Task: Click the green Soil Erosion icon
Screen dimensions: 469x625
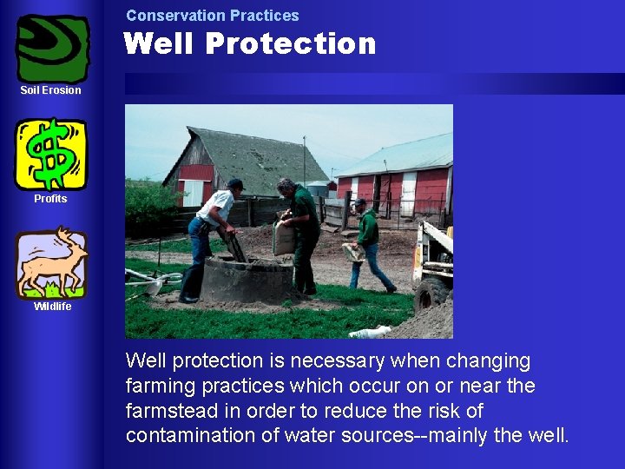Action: (x=53, y=49)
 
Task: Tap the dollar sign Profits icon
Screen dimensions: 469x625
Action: (x=51, y=154)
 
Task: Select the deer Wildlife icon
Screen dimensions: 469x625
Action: (x=51, y=263)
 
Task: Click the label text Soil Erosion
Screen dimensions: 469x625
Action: (x=51, y=90)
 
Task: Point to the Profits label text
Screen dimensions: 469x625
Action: (x=50, y=199)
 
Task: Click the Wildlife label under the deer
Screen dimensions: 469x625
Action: (x=52, y=307)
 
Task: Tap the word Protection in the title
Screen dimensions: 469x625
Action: (x=292, y=43)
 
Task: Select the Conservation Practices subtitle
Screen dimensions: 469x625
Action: (x=212, y=16)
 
